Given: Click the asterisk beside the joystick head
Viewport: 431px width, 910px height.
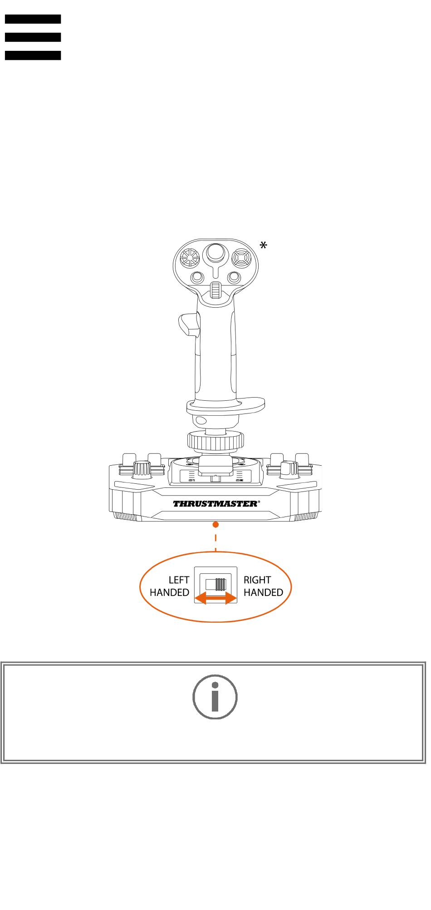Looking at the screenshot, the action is pos(263,246).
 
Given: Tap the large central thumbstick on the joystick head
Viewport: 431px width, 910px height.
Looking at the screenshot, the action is pos(216,254).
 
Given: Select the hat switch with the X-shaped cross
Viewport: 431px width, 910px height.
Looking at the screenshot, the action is pos(242,258).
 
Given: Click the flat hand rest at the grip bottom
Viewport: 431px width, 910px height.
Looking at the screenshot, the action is pos(225,405).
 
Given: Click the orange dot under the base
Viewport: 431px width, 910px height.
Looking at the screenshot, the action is pos(216,525).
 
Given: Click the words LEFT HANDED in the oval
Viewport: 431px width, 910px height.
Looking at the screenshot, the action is pos(170,586).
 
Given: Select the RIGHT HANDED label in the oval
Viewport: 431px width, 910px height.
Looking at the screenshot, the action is pos(263,586).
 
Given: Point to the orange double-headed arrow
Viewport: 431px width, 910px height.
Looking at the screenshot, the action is pos(215,599).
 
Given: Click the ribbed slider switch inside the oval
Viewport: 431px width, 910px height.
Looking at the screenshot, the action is pos(220,584).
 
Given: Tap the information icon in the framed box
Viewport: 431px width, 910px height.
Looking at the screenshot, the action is pos(215,697).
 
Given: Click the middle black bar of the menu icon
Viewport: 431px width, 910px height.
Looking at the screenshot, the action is pos(33,37).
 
